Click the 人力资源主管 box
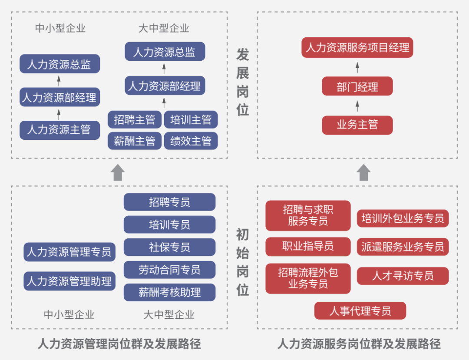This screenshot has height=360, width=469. pyautogui.click(x=59, y=130)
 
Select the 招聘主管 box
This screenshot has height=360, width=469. pyautogui.click(x=134, y=119)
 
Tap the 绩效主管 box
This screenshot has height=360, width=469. pyautogui.click(x=191, y=141)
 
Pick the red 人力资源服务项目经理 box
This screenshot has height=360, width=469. pyautogui.click(x=357, y=48)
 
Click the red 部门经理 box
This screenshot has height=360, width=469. pyautogui.click(x=357, y=86)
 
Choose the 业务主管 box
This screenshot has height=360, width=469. pyautogui.click(x=357, y=125)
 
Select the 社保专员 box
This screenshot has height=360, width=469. pyautogui.click(x=169, y=247)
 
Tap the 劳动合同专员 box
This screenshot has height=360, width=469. pyautogui.click(x=169, y=270)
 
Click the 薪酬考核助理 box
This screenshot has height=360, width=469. pyautogui.click(x=169, y=292)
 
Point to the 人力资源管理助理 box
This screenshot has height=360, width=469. pyautogui.click(x=69, y=281)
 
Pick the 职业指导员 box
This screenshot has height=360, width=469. pyautogui.click(x=307, y=247)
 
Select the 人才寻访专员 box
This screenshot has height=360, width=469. pyautogui.click(x=403, y=276)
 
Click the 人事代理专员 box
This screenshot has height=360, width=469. pyautogui.click(x=360, y=311)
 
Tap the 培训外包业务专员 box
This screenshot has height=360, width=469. pyautogui.click(x=403, y=218)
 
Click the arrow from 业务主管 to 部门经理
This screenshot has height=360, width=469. pyautogui.click(x=357, y=106)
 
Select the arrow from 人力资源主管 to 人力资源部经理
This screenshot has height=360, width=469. pyautogui.click(x=59, y=114)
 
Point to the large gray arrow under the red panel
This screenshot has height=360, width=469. pyautogui.click(x=363, y=172)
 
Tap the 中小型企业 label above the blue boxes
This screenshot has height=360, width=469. pyautogui.click(x=60, y=29)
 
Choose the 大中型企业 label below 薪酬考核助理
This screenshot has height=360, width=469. pyautogui.click(x=169, y=314)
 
